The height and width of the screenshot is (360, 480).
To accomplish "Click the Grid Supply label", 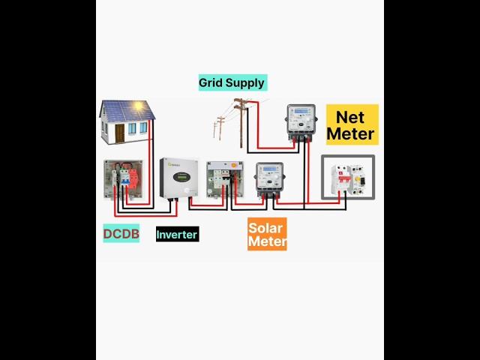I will [x=232, y=82].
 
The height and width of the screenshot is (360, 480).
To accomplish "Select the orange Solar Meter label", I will [x=267, y=234].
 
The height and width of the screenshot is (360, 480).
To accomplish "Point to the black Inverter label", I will [x=177, y=235].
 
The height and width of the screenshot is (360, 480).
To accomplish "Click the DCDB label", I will [x=121, y=234].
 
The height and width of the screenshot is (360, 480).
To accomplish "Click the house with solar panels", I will [x=127, y=122].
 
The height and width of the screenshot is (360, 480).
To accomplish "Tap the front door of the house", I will [x=119, y=134].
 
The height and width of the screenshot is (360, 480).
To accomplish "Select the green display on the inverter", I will [x=178, y=177].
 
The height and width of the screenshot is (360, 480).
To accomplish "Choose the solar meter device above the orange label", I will [x=268, y=180].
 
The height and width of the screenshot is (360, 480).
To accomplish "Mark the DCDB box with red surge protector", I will [x=121, y=180].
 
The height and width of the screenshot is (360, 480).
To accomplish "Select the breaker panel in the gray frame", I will [x=348, y=178].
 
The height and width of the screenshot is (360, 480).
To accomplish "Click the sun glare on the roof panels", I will [x=139, y=106].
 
